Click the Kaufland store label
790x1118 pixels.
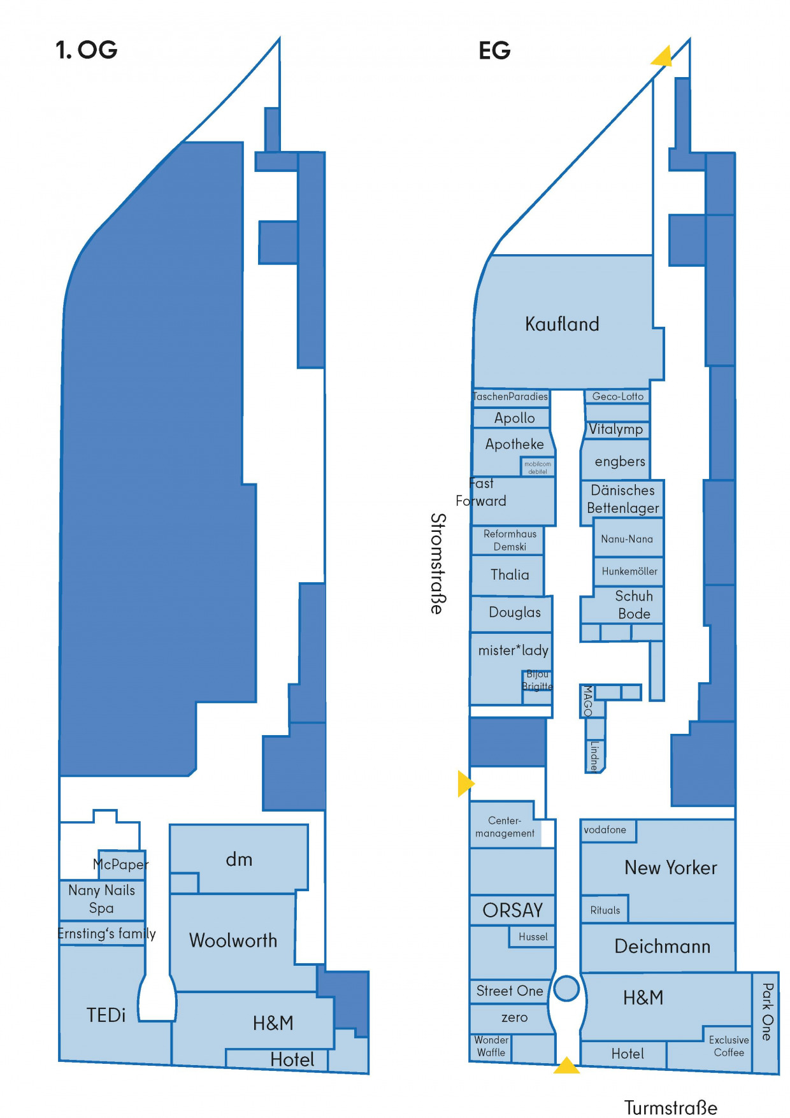tap(562, 324)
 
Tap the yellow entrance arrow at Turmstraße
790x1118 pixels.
tap(566, 1066)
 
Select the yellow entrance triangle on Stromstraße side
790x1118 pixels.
tap(465, 784)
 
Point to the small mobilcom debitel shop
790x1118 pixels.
tap(538, 467)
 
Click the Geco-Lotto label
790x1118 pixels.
tap(618, 396)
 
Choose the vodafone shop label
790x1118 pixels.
tap(605, 829)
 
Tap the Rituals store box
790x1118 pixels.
tap(605, 909)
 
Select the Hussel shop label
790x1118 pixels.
tap(533, 936)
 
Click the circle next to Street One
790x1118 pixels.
tap(566, 989)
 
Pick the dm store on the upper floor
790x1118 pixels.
tap(240, 859)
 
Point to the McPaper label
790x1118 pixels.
tap(121, 864)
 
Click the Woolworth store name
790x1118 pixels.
tap(233, 940)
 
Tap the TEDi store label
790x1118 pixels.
tap(106, 1015)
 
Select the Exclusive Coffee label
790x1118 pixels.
tap(729, 1046)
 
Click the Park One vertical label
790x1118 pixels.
tap(767, 1012)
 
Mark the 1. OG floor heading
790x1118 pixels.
tap(87, 50)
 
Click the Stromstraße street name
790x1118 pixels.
tap(438, 564)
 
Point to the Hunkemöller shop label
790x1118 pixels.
tap(629, 571)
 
